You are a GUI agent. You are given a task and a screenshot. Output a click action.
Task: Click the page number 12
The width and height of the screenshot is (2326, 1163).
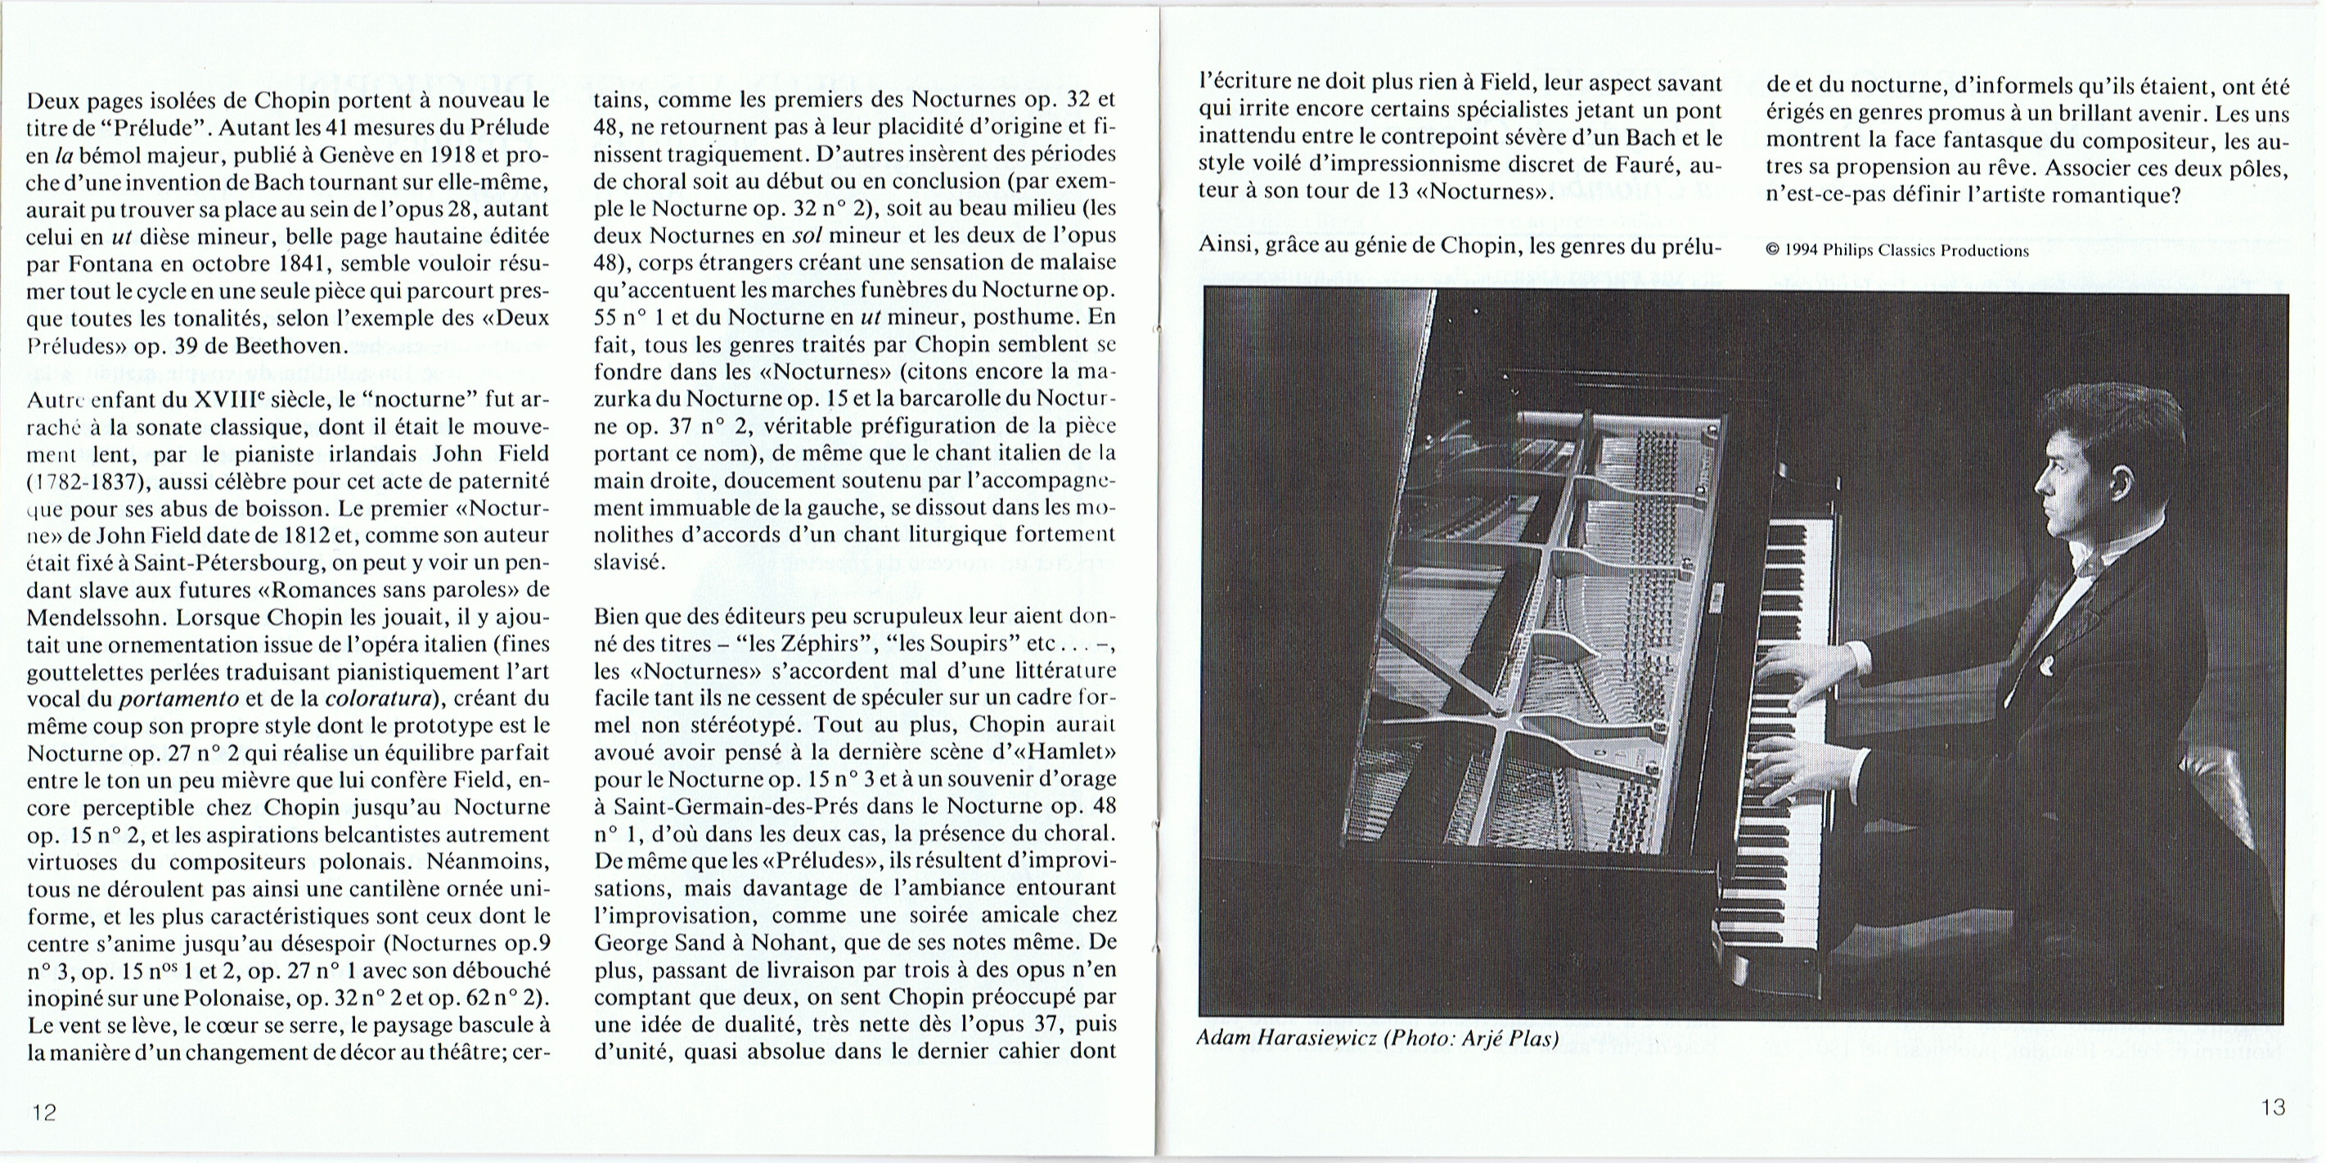[44, 1111]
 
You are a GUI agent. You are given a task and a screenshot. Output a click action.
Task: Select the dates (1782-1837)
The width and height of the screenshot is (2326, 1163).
[85, 481]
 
